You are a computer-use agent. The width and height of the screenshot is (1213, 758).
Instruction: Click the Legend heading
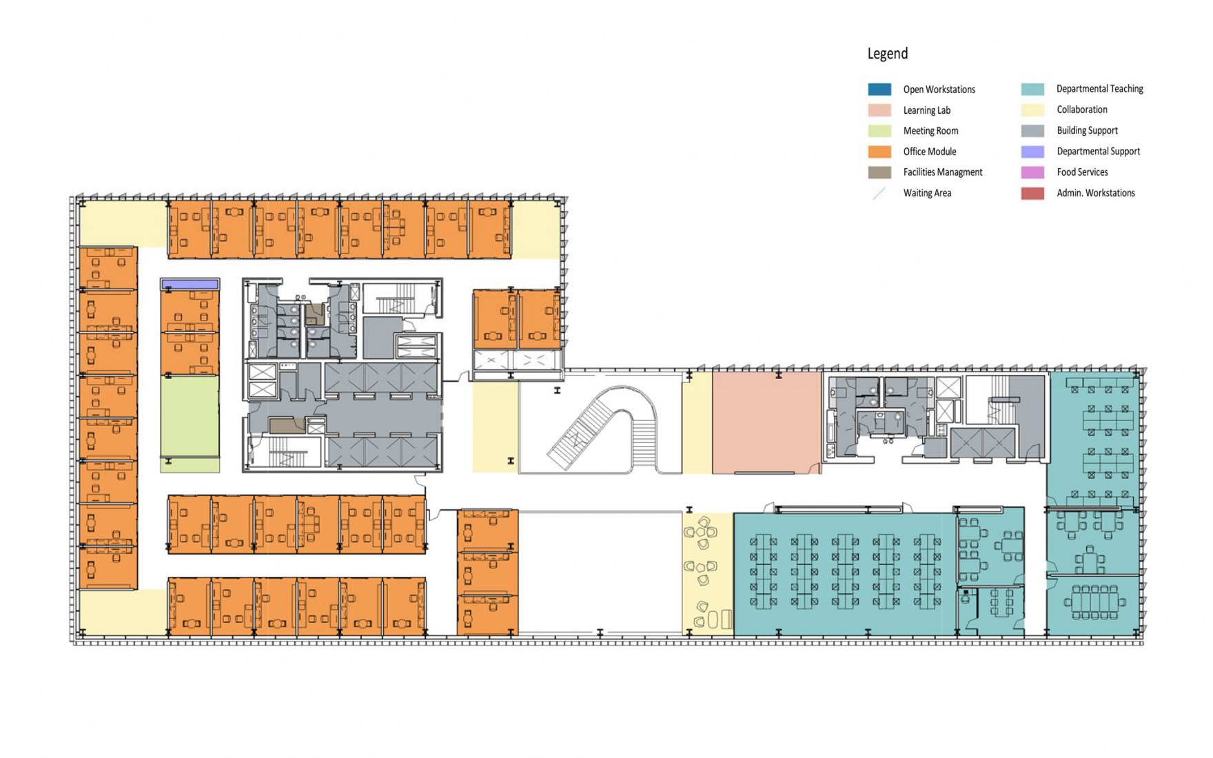coord(887,54)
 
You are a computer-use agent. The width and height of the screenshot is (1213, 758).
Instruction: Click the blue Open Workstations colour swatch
coord(879,89)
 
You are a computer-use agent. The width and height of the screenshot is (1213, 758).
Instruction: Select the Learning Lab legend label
coord(926,110)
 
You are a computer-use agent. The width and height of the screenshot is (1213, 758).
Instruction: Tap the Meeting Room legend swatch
coord(879,131)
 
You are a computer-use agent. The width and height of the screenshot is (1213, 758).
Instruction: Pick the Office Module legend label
coord(930,152)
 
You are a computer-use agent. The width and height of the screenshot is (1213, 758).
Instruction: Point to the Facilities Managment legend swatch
coord(879,172)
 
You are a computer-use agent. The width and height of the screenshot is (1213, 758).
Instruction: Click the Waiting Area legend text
coord(927,193)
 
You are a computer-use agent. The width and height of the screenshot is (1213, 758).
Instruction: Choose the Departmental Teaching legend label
coord(1099,89)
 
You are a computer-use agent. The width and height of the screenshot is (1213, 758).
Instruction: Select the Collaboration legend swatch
coord(1032,110)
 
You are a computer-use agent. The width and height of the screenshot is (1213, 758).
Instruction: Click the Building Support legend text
coord(1087,130)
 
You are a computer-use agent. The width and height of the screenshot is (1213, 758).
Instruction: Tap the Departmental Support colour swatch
coord(1032,152)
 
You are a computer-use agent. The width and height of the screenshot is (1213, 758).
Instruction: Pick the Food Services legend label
coord(1082,172)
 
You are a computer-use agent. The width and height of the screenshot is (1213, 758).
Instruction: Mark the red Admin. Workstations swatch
coord(1032,193)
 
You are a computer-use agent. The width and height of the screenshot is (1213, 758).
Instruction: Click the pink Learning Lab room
coord(766,422)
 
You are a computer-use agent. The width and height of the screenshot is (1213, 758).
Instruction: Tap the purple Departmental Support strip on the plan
coord(190,284)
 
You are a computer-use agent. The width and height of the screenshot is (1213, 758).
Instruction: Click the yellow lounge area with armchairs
coord(707,573)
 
